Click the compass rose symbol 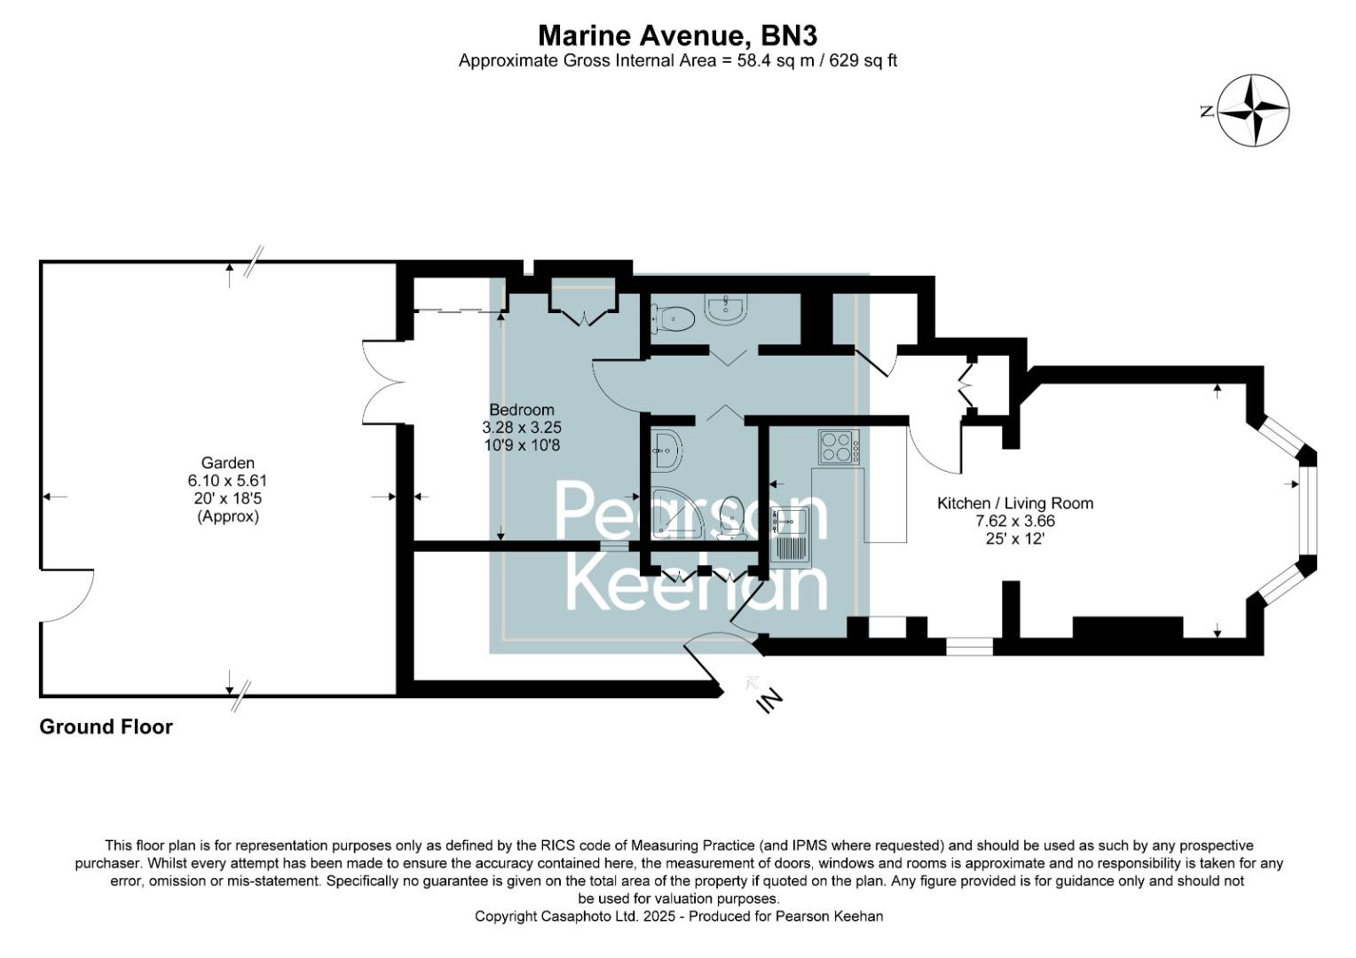coord(1252,111)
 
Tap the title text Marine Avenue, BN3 coord(677,35)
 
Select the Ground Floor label coord(106,727)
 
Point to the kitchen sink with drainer coord(789,537)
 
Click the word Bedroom coord(522,410)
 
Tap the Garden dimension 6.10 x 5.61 coord(228,481)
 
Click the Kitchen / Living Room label coord(1015,503)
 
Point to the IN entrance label coord(769,700)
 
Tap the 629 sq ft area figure coord(863,61)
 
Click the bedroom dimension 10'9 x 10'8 coord(522,445)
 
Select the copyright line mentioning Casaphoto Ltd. coord(679,916)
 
